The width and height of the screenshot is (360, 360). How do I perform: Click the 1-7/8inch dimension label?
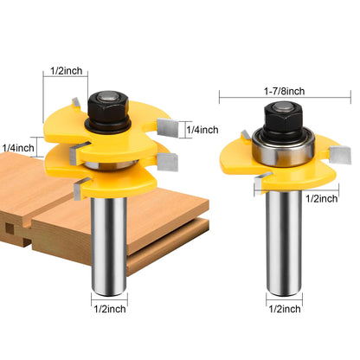(284, 92)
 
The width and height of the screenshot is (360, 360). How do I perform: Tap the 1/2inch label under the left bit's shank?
(110, 309)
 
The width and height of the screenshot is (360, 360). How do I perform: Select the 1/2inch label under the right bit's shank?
(285, 309)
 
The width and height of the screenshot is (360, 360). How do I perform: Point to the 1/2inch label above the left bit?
(66, 71)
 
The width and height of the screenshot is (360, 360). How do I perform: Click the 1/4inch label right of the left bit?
(202, 130)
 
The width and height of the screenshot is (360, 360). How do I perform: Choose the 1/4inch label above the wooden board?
(18, 148)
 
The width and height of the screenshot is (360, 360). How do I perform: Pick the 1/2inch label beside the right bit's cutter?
(321, 198)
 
